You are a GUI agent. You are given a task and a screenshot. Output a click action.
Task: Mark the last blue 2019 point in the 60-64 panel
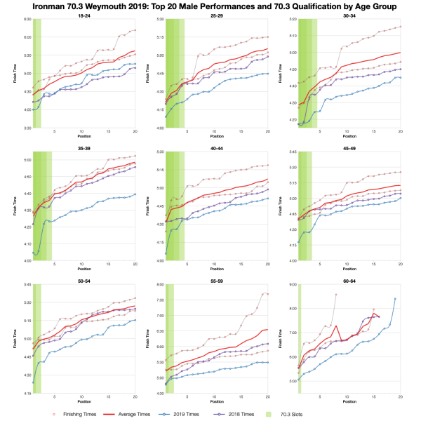(x=394, y=299)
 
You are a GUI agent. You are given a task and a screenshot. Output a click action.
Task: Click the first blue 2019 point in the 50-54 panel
(x=33, y=382)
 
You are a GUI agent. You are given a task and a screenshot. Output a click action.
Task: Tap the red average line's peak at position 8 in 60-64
(x=336, y=326)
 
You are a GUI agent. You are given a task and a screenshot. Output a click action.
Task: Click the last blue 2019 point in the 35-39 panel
(x=135, y=194)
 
